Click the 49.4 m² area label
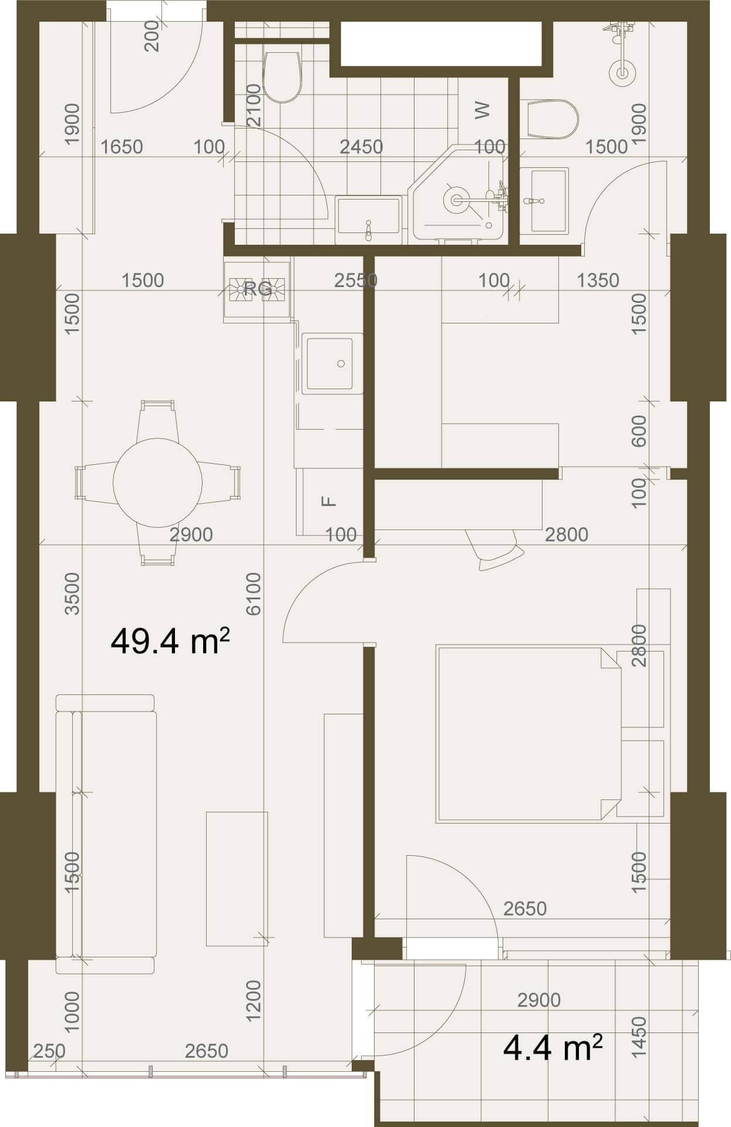pos(170,640)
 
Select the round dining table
pos(157,482)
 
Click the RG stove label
pos(258,289)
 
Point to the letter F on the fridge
pos(330,501)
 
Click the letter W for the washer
pos(481,110)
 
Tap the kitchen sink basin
pos(330,363)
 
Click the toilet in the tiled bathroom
pos(282,77)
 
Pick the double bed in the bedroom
pos(528,734)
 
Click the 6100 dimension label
pos(253,593)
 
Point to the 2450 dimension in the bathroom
pos(361,146)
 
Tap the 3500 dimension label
pos(72,593)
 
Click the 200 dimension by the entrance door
pos(151,36)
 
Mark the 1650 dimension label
pos(122,146)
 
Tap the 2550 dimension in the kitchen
pos(356,280)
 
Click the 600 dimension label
pos(638,431)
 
